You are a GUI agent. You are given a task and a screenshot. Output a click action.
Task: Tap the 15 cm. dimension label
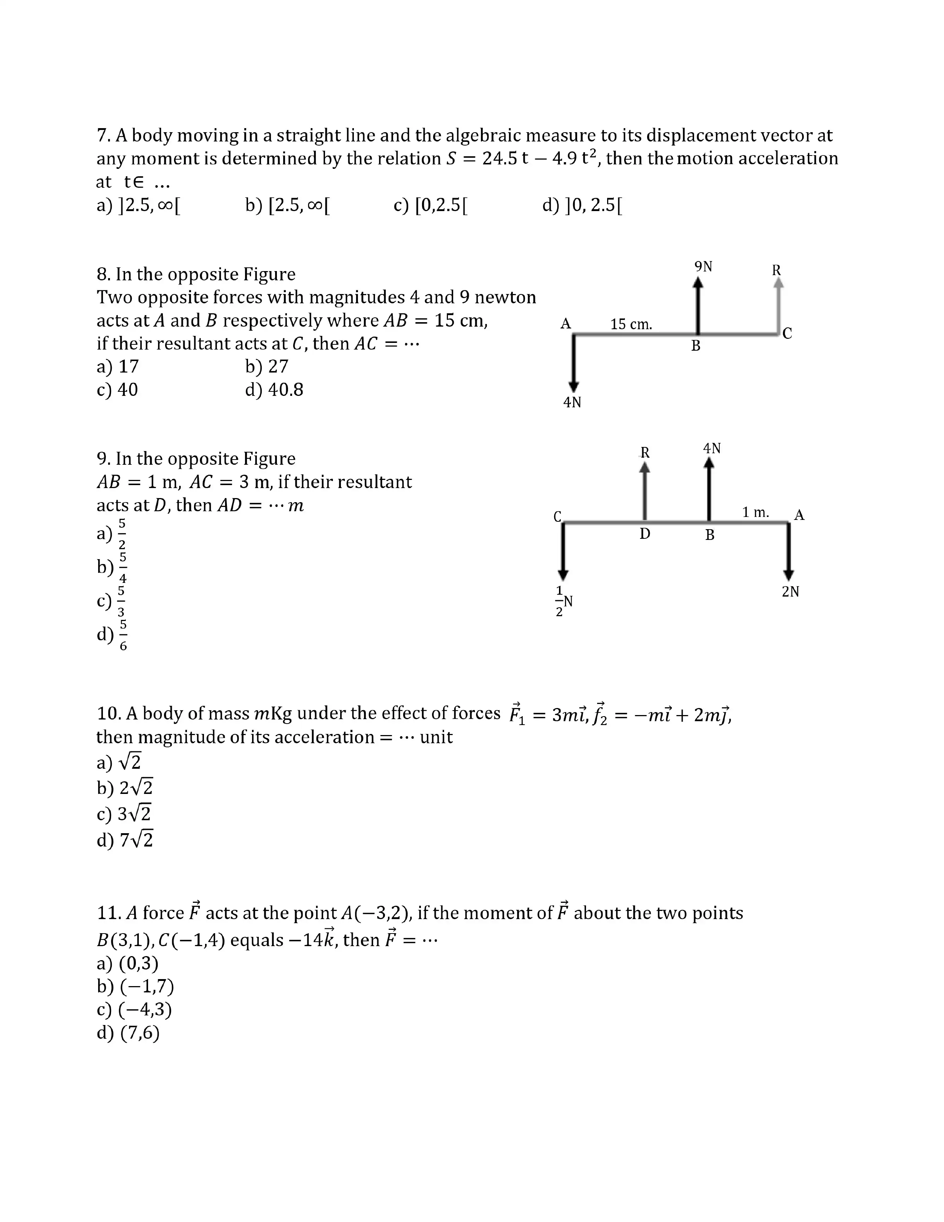(631, 324)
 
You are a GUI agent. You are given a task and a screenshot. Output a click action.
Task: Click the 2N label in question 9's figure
(790, 591)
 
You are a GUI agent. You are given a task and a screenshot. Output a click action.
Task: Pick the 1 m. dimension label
(755, 512)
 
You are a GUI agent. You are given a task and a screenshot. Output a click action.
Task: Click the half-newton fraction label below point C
(563, 601)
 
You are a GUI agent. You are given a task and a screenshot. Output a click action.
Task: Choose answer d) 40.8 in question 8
(274, 390)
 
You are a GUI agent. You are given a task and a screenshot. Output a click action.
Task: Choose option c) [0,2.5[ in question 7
(431, 206)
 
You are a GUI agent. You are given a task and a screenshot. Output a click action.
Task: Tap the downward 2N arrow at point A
(789, 551)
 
